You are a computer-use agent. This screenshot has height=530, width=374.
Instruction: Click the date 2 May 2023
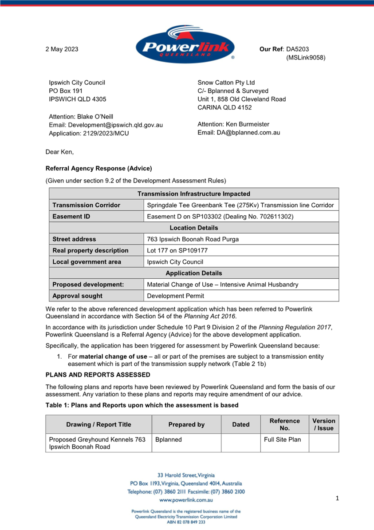coord(62,49)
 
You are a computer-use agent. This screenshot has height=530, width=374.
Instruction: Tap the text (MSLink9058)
coord(306,58)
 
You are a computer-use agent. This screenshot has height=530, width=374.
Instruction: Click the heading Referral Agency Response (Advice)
coord(98,169)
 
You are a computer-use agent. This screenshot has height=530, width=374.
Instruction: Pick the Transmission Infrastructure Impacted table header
coord(194,194)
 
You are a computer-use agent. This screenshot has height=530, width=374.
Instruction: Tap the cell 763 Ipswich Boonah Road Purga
coord(193,239)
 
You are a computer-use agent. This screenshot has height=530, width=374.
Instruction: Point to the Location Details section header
coord(194,228)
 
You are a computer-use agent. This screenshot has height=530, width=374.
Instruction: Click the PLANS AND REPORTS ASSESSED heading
coord(98,375)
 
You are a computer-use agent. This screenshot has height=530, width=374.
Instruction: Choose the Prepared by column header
coord(186,425)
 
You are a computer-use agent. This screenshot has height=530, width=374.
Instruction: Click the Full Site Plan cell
coord(282,440)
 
